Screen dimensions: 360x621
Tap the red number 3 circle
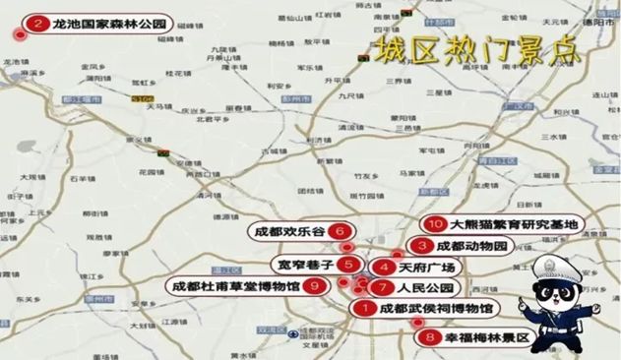(421, 245)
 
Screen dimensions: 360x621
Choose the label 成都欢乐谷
(290, 232)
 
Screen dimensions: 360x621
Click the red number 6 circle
(341, 232)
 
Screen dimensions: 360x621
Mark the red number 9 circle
(314, 286)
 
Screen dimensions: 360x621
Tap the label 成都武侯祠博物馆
(436, 309)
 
